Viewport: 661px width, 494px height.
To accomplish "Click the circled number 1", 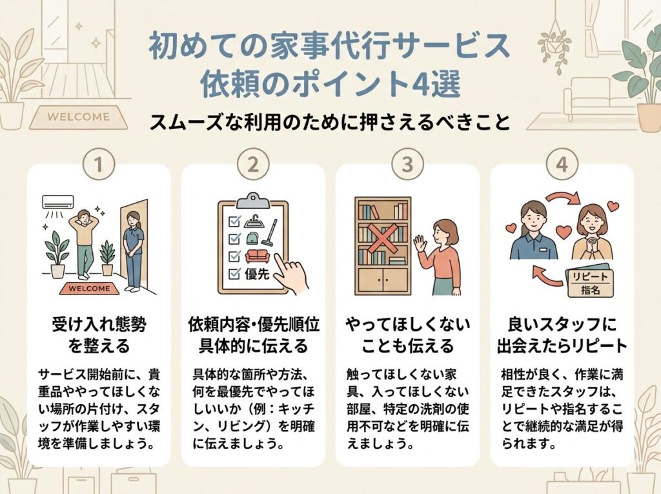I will coord(99,165).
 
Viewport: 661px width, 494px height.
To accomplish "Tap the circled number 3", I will coord(407,165).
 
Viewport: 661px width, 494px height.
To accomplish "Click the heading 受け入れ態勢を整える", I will coord(98,334).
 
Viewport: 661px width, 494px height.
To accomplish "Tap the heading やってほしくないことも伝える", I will coord(407,334).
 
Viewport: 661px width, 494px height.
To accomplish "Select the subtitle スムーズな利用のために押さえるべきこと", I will coord(330,123).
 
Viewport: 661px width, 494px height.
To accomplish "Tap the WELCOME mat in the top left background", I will coord(79,118).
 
